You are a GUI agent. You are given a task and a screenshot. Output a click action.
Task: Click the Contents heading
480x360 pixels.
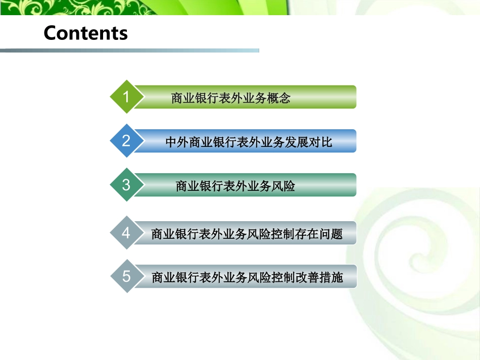[85, 33]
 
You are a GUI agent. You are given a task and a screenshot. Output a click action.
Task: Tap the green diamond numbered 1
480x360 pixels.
[125, 96]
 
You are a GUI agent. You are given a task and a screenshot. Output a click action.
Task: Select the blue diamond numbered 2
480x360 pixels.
[125, 140]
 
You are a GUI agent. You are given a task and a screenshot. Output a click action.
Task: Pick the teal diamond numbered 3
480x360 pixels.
[125, 185]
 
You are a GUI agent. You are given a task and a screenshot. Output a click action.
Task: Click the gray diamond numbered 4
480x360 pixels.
[125, 233]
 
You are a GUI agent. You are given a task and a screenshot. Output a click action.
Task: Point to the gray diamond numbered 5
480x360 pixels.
[125, 276]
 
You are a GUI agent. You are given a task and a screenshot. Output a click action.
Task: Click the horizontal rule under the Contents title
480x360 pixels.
[129, 50]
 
